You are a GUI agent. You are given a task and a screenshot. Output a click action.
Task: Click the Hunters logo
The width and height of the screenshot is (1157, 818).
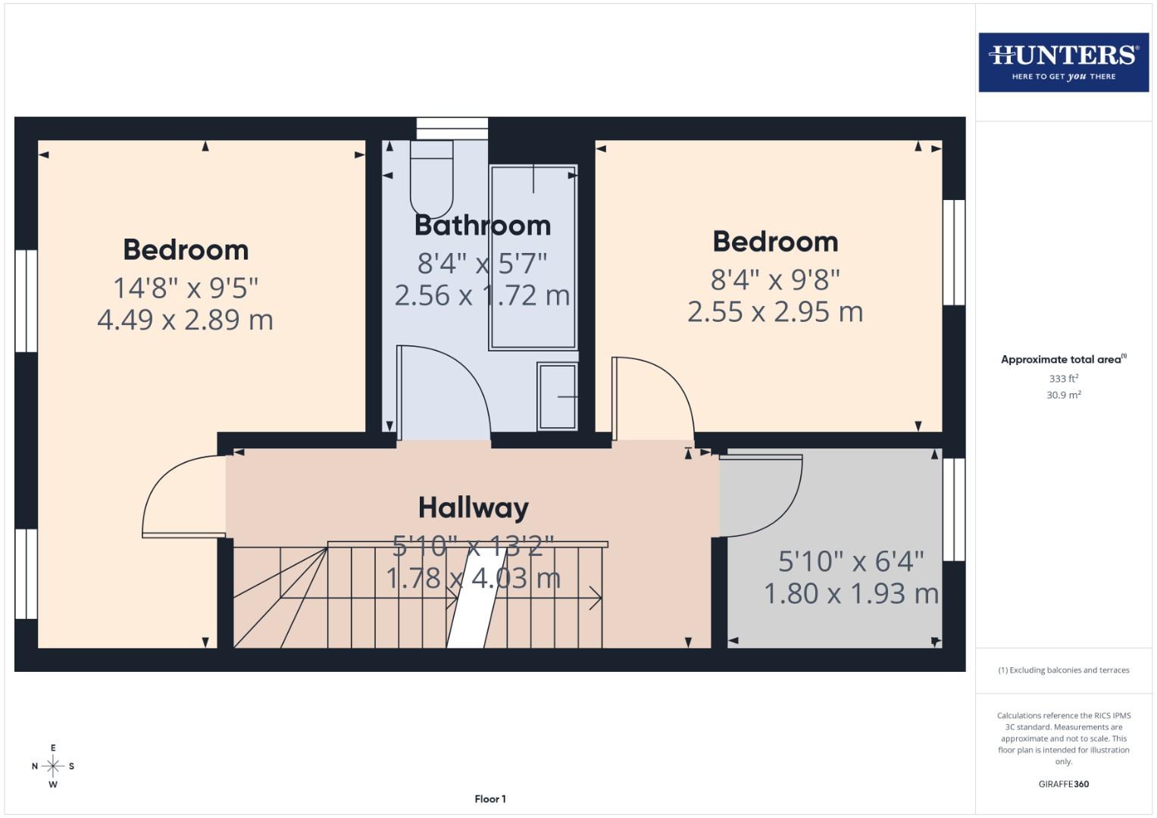click(x=1063, y=62)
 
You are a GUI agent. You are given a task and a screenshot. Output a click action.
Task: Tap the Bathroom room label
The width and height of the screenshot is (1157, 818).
click(x=482, y=225)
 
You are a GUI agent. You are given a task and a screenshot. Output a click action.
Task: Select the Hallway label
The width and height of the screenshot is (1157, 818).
click(x=474, y=507)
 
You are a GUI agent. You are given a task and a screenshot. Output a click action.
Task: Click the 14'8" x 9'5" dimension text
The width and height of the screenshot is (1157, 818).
click(x=186, y=288)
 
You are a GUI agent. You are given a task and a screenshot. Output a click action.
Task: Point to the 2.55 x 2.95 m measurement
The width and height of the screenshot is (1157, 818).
click(x=775, y=311)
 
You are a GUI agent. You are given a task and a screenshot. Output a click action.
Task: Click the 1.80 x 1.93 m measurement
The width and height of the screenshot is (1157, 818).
click(x=851, y=593)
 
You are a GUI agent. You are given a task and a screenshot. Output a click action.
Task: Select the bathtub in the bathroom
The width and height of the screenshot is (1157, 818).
click(x=533, y=258)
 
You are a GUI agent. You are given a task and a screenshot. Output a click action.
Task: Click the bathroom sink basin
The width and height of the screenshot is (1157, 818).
click(x=558, y=396)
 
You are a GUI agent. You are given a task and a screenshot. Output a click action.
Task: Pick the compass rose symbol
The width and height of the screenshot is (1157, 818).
click(x=53, y=766)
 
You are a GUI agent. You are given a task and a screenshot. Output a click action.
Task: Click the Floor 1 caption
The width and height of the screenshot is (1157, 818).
click(x=490, y=798)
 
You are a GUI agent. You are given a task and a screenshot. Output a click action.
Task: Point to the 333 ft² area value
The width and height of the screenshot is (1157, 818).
click(x=1063, y=378)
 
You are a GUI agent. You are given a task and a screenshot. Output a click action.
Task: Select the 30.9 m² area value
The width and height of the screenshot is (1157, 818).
click(x=1063, y=395)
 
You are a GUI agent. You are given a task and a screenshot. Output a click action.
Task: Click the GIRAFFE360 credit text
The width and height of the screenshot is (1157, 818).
click(x=1063, y=784)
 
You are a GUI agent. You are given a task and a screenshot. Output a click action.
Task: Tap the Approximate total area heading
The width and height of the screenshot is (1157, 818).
click(x=1063, y=360)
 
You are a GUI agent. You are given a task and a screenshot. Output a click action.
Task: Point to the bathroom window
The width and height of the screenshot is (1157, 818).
click(x=452, y=128)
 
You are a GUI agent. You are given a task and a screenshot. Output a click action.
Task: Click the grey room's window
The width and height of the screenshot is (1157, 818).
click(x=954, y=509)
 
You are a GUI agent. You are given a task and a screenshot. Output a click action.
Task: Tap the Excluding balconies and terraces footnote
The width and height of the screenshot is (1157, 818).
click(x=1063, y=670)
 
